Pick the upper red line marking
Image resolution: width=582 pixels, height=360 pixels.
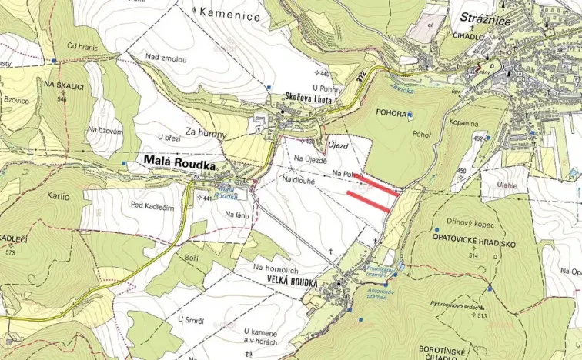click(380, 184)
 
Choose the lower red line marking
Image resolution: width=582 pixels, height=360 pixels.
click(370, 202)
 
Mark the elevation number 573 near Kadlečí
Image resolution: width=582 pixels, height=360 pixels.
click(11, 252)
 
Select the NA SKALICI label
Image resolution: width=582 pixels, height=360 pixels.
click(63, 84)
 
